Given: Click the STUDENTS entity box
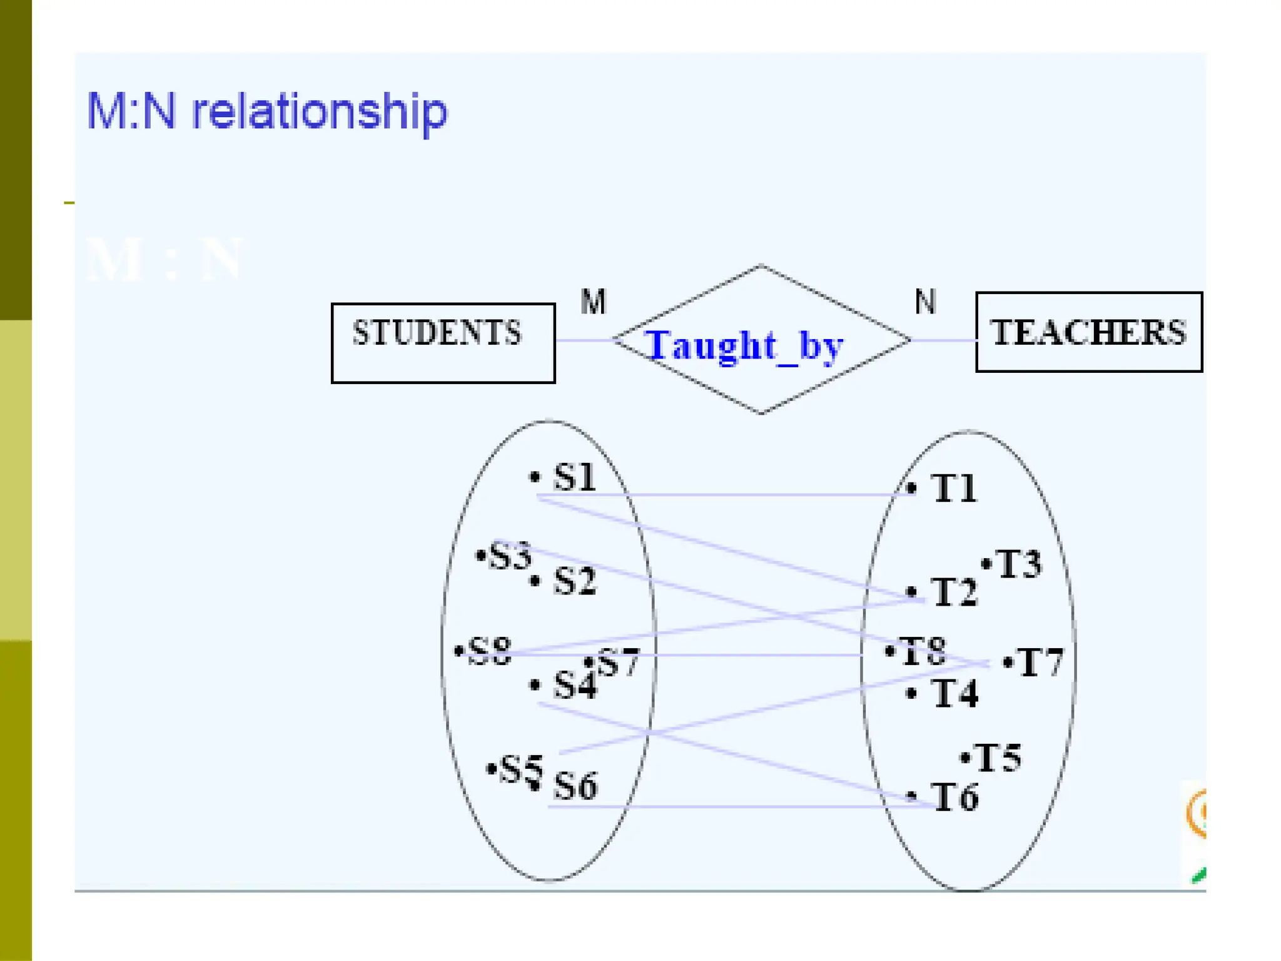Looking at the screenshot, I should [x=443, y=342].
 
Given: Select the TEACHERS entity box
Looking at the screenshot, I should [x=1088, y=332].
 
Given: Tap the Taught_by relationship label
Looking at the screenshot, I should [x=744, y=345].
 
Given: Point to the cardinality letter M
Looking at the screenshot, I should [x=593, y=302].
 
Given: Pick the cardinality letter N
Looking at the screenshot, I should [x=925, y=302].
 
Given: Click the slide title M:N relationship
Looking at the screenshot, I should [x=267, y=111].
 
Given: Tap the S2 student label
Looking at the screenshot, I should [x=575, y=581].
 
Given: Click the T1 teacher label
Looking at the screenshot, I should [x=954, y=488].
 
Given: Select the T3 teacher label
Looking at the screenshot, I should [x=1018, y=564].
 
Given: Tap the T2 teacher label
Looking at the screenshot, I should [x=954, y=592].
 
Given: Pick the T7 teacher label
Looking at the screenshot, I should [x=1040, y=663].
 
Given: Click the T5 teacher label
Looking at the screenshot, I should [x=998, y=758].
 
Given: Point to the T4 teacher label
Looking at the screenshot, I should [x=954, y=694].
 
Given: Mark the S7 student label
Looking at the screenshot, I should [x=618, y=662].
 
